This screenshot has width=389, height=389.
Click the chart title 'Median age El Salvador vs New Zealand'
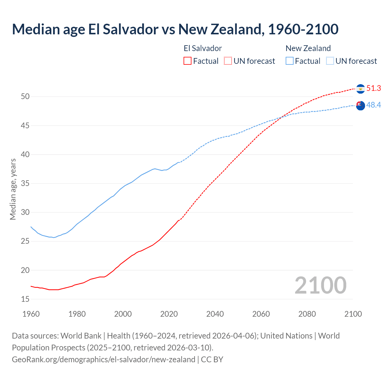pos(175,29)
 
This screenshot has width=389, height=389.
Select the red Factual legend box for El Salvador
pos(188,61)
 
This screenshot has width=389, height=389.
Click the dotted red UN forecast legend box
pos(228,61)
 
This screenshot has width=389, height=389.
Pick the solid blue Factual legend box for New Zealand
pos(290,61)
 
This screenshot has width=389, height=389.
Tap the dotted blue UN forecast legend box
pos(330,61)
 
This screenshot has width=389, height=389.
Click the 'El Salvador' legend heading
pos(203,48)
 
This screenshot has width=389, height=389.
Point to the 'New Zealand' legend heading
pos(308,48)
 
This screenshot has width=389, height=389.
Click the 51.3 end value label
pos(374,88)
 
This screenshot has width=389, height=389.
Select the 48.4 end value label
pos(374,105)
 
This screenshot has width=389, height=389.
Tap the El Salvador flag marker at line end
pos(360,89)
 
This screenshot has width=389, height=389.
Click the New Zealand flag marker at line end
pos(360,106)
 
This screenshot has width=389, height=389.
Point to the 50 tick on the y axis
pos(25,97)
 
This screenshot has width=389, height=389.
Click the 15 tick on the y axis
pos(25,299)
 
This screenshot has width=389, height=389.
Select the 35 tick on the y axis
pos(25,184)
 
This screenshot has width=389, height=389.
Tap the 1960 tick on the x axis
pos(31,314)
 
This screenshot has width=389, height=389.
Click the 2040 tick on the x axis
pos(215,314)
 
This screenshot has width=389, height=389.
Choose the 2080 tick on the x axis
pos(307,314)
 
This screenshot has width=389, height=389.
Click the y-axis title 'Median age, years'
pos(13,189)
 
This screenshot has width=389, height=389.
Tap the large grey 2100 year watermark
pos(320,285)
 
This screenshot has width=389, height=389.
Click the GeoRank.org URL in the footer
pos(103,360)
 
